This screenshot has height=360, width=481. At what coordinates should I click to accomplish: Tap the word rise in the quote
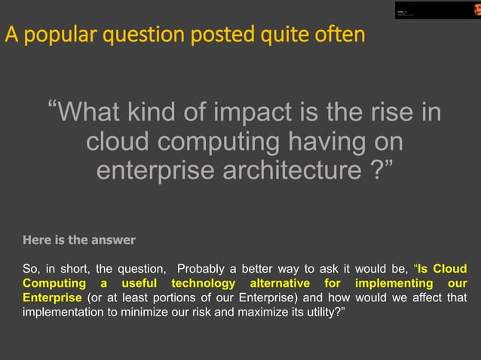point(389,114)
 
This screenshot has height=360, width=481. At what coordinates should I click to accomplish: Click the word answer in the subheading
point(113,240)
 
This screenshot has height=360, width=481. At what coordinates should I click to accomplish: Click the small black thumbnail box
point(437,10)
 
